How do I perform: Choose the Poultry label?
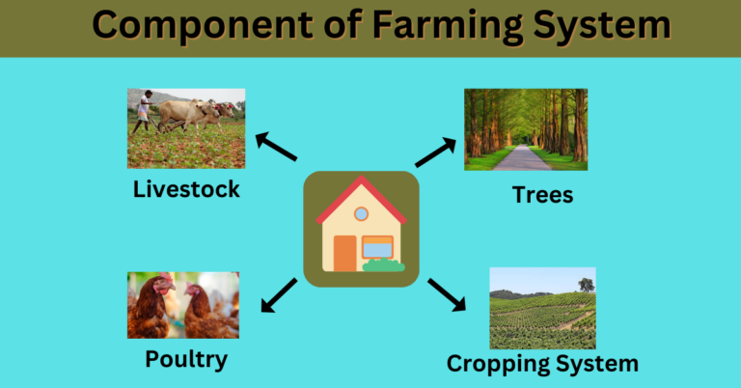(x=186, y=360)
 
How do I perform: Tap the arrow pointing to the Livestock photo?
(x=275, y=148)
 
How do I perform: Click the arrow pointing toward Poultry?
(x=279, y=294)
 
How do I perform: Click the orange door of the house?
(x=344, y=253)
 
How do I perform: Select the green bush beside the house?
(x=383, y=264)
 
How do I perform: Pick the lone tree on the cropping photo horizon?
(x=586, y=284)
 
